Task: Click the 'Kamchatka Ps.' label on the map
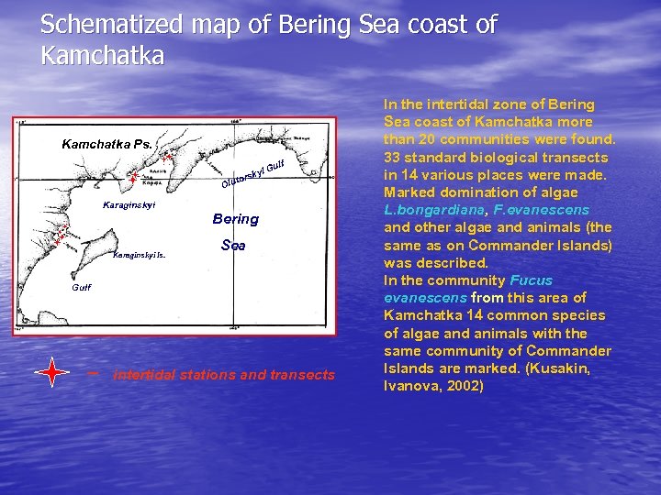click(106, 145)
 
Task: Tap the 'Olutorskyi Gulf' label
click(255, 175)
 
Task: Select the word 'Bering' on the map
click(235, 219)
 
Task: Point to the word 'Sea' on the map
click(233, 246)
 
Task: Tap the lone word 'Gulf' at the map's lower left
click(82, 287)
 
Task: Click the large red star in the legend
click(52, 373)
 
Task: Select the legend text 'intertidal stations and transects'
click(223, 374)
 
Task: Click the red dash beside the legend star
click(92, 373)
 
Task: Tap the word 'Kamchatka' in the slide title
click(102, 56)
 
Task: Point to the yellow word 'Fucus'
click(532, 280)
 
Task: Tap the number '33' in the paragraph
click(392, 157)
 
